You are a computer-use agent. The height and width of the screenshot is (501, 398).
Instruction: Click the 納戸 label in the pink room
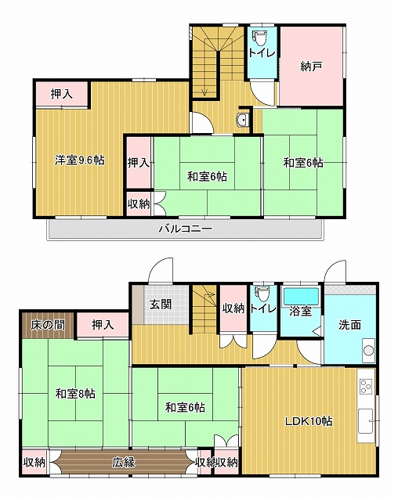click(x=311, y=67)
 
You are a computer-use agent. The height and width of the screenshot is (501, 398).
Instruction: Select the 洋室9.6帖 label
click(x=79, y=160)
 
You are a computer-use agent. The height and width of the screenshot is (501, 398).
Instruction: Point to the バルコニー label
click(x=186, y=229)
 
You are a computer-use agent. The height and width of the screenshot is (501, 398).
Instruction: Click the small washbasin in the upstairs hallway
click(x=243, y=121)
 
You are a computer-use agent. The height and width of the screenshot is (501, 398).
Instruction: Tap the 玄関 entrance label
click(x=161, y=305)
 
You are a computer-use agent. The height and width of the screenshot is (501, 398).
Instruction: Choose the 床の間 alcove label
click(x=48, y=325)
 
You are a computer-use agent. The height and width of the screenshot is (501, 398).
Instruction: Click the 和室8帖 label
click(x=75, y=394)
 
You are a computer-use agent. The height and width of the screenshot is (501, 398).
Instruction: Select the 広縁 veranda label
click(x=124, y=463)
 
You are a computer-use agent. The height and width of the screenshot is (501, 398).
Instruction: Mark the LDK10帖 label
click(x=309, y=421)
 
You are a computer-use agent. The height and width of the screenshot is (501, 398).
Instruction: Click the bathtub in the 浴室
click(x=301, y=296)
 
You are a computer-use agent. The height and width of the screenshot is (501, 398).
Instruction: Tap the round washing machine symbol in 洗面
click(x=368, y=350)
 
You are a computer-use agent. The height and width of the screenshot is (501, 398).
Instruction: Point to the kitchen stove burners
click(x=365, y=387)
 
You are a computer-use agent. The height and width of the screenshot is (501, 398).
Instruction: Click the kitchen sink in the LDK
click(x=365, y=421)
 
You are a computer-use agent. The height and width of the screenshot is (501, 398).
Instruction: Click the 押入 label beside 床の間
click(x=103, y=325)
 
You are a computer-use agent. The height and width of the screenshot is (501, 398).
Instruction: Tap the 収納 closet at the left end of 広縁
click(x=34, y=463)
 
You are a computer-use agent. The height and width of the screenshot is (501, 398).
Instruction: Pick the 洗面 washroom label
click(x=349, y=325)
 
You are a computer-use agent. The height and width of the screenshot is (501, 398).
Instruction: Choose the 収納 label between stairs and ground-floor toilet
click(x=233, y=308)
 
